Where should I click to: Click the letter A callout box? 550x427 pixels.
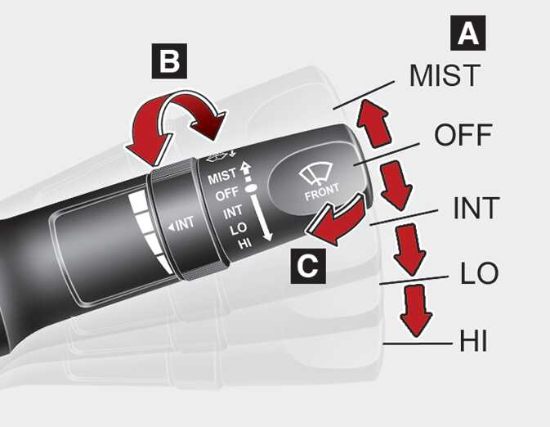point(467,34)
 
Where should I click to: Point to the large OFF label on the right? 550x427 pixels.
point(463,135)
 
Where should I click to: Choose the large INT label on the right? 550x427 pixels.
point(476,209)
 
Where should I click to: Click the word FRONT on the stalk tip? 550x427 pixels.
point(321,196)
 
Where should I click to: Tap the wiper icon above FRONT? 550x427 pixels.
point(316,174)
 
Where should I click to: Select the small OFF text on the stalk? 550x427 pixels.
point(226,195)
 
